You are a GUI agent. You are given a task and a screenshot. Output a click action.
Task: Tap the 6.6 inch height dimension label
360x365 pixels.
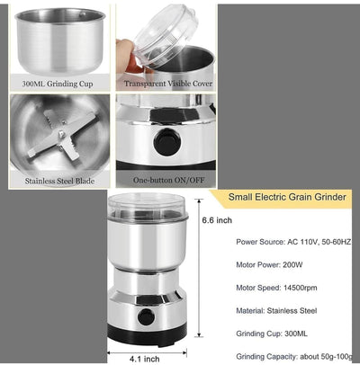pos(217,219)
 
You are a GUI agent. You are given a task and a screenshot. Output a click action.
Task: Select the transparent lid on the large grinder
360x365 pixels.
pos(150,207)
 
